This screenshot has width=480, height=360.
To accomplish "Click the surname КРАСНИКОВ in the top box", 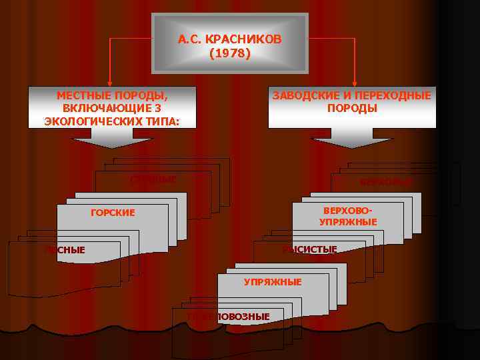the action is [x=244, y=39].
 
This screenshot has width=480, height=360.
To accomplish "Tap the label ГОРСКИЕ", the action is [x=112, y=213].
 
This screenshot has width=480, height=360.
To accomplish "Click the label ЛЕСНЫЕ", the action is [x=65, y=249].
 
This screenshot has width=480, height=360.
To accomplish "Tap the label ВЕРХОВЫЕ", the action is [x=386, y=181].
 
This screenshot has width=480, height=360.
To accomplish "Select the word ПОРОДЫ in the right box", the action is [x=352, y=108].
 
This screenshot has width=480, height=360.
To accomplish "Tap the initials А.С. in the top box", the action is [x=191, y=39].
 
